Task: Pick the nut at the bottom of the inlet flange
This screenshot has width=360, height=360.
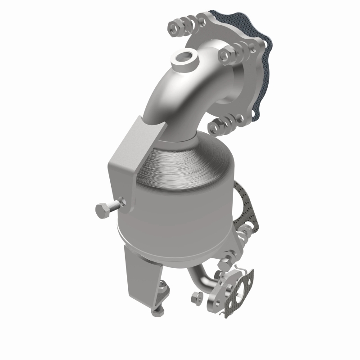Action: click(215, 126)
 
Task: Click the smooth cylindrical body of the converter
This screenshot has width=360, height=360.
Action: click(175, 225)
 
